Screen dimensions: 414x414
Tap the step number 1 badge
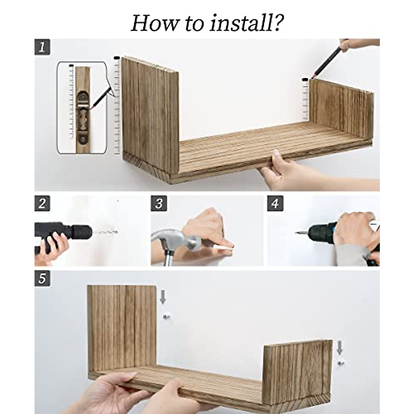pos(42,47)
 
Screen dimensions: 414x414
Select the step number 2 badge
pos(42,203)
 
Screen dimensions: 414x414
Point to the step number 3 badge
pos(159,203)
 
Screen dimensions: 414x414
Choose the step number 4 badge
pos(275,203)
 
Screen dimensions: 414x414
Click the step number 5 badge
pos(42,278)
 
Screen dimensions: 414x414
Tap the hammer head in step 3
pos(176,239)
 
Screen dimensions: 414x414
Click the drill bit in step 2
pos(105,232)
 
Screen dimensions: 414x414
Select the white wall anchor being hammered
pos(226,249)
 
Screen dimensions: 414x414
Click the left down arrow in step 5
pos(163,297)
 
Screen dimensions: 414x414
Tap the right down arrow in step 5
pos(340,347)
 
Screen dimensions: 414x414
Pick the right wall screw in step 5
pos(341,363)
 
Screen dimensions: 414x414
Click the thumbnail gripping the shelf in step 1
pos(276,154)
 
